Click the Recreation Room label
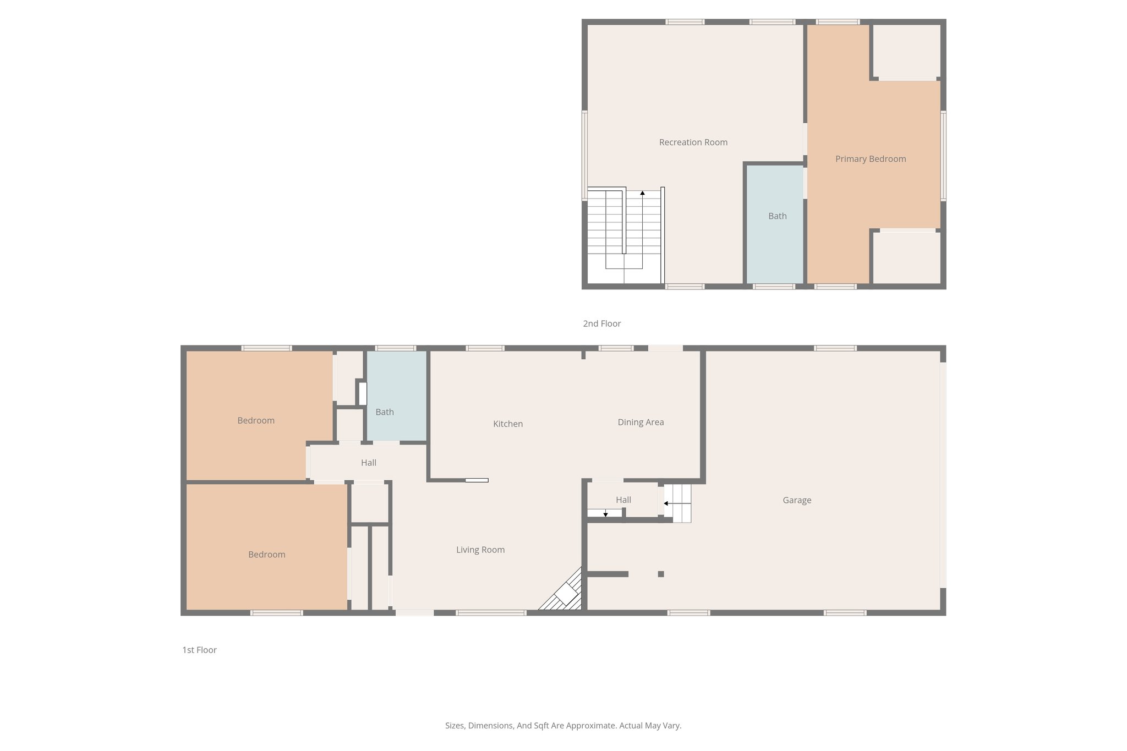pos(693,142)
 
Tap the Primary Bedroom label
pos(870,159)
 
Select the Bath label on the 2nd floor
pos(777,216)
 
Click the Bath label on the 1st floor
pos(384,412)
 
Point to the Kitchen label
pos(507,424)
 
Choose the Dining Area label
pos(641,423)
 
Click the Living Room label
pos(480,550)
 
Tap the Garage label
pos(796,500)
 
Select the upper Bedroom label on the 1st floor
pos(255,421)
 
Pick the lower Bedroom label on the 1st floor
pos(266,555)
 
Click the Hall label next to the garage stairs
pos(623,500)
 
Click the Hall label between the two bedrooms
pos(368,463)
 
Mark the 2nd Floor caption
pos(601,324)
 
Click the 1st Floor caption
pos(199,650)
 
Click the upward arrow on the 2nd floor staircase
pos(642,193)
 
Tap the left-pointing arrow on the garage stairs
pos(666,503)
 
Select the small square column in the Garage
pos(661,574)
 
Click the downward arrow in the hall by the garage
pos(605,514)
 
